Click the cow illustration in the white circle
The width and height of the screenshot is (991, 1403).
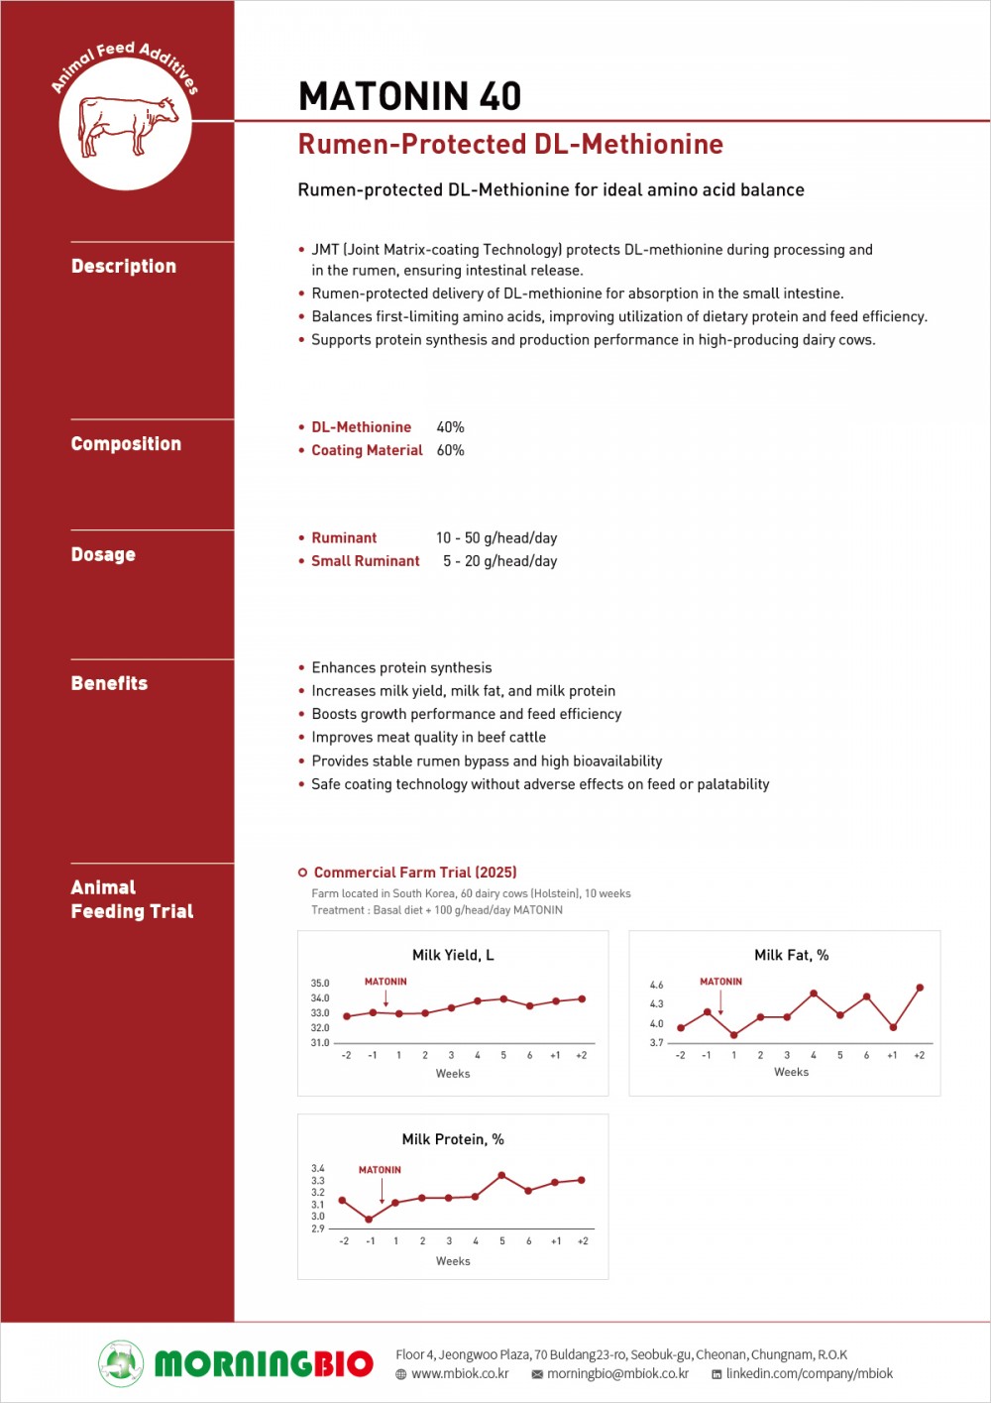click(127, 125)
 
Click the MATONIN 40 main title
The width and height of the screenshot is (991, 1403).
click(409, 96)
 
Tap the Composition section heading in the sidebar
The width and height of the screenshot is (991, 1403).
click(126, 444)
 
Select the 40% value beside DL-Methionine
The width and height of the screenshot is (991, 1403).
click(450, 427)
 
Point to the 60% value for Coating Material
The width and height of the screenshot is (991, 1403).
click(450, 450)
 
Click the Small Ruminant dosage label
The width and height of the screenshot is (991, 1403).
click(365, 561)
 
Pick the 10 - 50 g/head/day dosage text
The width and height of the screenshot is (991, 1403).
click(496, 538)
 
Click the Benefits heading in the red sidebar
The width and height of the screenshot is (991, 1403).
click(109, 683)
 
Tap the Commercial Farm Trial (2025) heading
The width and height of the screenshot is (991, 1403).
click(414, 873)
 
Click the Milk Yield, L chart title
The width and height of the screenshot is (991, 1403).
click(453, 955)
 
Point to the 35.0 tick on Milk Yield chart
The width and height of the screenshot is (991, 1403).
click(320, 984)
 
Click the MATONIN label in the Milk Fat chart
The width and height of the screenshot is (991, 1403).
click(720, 982)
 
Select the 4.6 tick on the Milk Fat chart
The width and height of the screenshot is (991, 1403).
click(656, 985)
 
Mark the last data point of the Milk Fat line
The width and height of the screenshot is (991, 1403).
click(920, 988)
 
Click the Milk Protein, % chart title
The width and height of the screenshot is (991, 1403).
click(453, 1139)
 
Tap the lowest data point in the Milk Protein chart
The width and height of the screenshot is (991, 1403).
click(370, 1220)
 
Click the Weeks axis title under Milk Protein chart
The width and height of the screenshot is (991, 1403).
click(453, 1261)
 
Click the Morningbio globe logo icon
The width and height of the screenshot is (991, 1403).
click(121, 1362)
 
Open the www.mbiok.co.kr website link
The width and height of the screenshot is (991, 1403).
click(460, 1374)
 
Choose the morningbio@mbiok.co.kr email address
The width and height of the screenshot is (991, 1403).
click(617, 1374)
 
